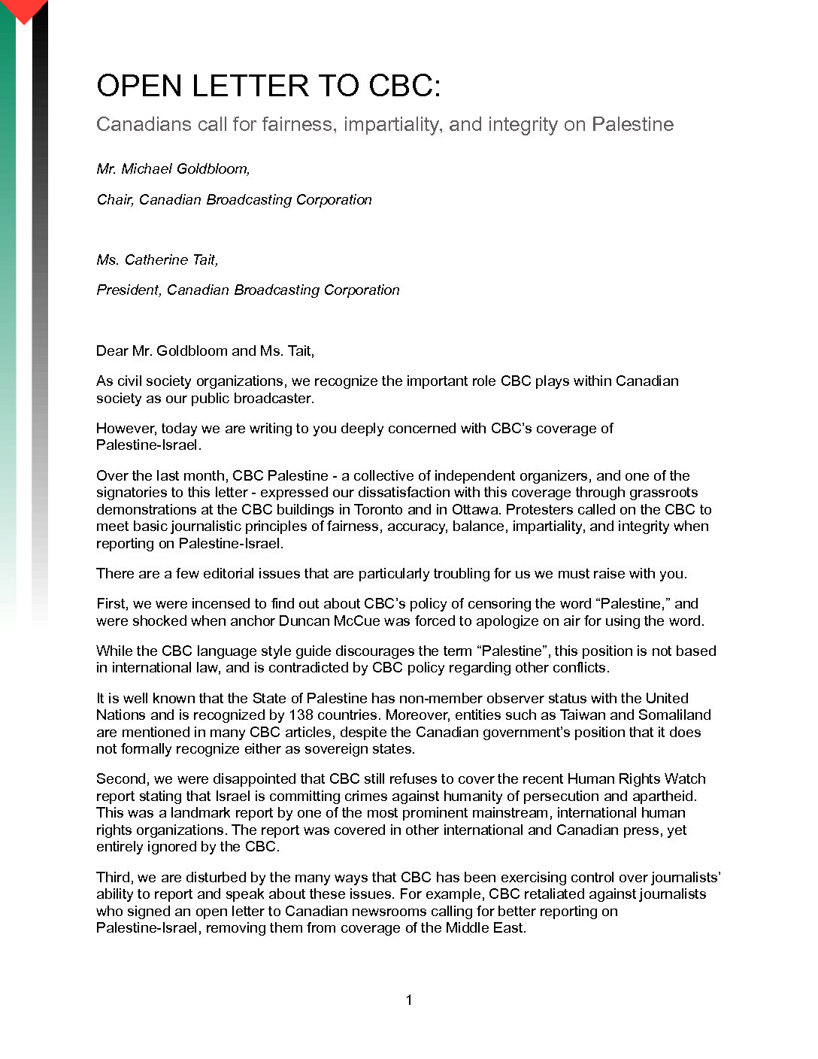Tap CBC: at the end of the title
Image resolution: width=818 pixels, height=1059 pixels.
click(x=404, y=86)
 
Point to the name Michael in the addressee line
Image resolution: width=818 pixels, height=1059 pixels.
click(x=147, y=169)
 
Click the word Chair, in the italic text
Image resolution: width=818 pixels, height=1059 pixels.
click(x=115, y=199)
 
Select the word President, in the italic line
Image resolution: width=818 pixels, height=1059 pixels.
click(x=129, y=290)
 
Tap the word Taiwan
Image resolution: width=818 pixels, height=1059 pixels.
click(x=583, y=715)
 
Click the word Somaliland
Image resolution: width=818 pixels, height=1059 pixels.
click(x=674, y=715)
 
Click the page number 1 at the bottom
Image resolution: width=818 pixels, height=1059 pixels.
click(x=409, y=1000)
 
